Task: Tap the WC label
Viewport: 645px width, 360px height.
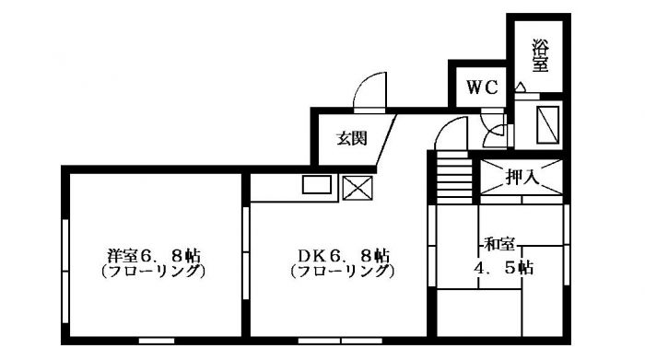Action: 482,88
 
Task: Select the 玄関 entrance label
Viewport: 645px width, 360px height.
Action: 351,139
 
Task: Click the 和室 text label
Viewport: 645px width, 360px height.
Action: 499,245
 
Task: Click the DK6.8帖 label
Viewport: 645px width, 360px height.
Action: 342,255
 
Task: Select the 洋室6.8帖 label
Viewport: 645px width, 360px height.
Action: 153,255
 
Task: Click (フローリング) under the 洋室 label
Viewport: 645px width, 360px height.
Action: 153,273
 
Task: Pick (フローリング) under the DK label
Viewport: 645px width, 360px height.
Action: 342,273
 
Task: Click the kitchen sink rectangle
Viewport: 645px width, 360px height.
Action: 317,184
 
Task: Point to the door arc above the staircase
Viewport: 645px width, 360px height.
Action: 451,134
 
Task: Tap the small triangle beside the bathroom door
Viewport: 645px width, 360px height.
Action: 521,88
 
